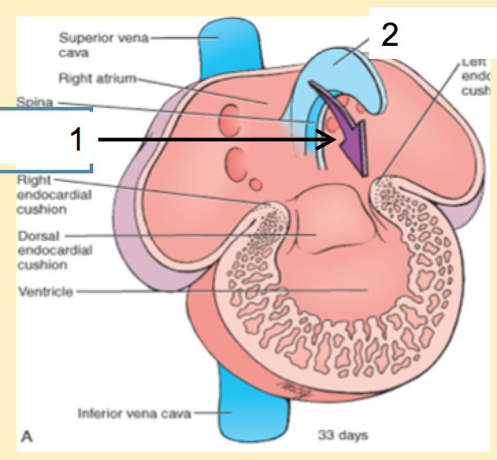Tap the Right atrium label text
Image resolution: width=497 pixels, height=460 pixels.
(x=97, y=78)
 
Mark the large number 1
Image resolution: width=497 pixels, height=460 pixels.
(x=79, y=140)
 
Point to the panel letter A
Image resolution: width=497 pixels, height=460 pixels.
(x=29, y=434)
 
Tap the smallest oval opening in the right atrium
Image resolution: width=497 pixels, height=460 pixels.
(x=255, y=183)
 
